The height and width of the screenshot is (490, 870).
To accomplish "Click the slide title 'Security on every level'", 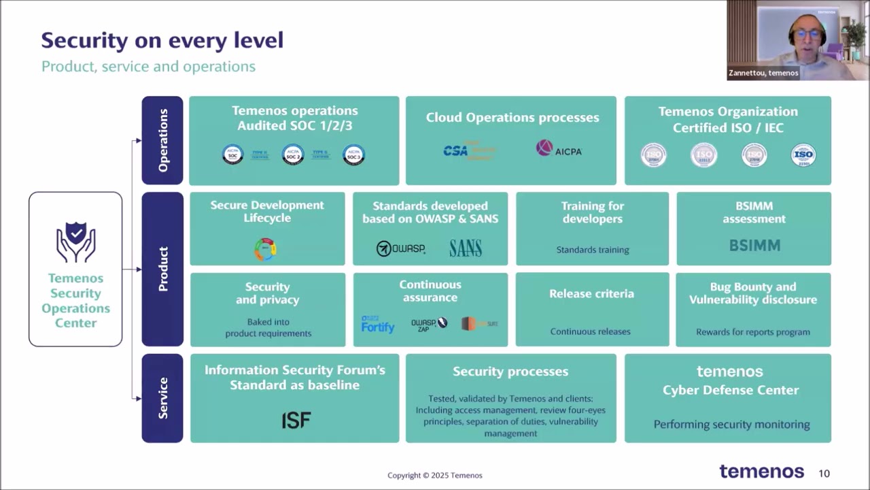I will click(x=162, y=40).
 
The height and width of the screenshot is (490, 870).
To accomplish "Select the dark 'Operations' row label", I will click(x=162, y=140).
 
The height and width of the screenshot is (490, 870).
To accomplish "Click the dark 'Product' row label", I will click(x=162, y=269).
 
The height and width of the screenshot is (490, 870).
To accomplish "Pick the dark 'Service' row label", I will click(x=162, y=398).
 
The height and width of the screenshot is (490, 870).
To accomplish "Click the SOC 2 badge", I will click(x=293, y=154).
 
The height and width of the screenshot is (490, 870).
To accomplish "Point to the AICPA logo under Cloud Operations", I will click(x=559, y=149).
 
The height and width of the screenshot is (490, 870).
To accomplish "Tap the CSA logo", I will click(x=456, y=150).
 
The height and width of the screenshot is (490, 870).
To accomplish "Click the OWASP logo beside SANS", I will click(x=401, y=248).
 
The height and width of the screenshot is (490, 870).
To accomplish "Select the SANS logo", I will click(x=466, y=248).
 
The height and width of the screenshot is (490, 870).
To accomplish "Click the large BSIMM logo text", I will click(x=754, y=246).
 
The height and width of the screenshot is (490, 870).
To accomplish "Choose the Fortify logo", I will click(x=378, y=325).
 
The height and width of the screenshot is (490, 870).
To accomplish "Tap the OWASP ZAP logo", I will click(x=430, y=324).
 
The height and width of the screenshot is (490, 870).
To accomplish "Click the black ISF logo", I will click(x=296, y=420).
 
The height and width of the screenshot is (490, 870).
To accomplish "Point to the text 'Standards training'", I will click(x=593, y=250).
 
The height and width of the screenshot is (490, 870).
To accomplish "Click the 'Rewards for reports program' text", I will click(x=753, y=332).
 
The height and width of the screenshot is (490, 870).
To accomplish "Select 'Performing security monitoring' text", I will click(x=731, y=425).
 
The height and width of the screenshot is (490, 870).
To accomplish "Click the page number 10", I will click(x=824, y=473).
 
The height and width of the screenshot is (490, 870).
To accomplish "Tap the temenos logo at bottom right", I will click(x=761, y=472).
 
